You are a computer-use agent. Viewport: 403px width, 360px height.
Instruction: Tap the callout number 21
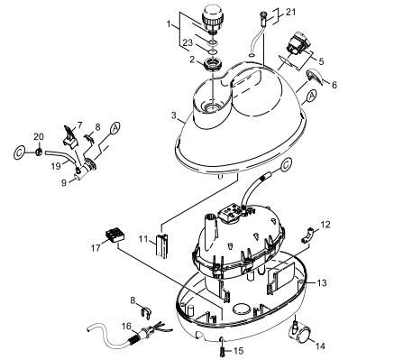[291, 12]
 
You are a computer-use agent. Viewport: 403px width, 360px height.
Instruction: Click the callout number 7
[79, 125]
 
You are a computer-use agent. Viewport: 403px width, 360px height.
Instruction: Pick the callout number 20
[39, 136]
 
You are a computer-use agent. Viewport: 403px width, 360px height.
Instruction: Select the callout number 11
[142, 237]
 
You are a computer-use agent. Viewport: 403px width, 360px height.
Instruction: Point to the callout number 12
[326, 224]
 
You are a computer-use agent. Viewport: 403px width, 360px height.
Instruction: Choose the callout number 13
[322, 282]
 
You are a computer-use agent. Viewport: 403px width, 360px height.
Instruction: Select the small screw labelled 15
[219, 341]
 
